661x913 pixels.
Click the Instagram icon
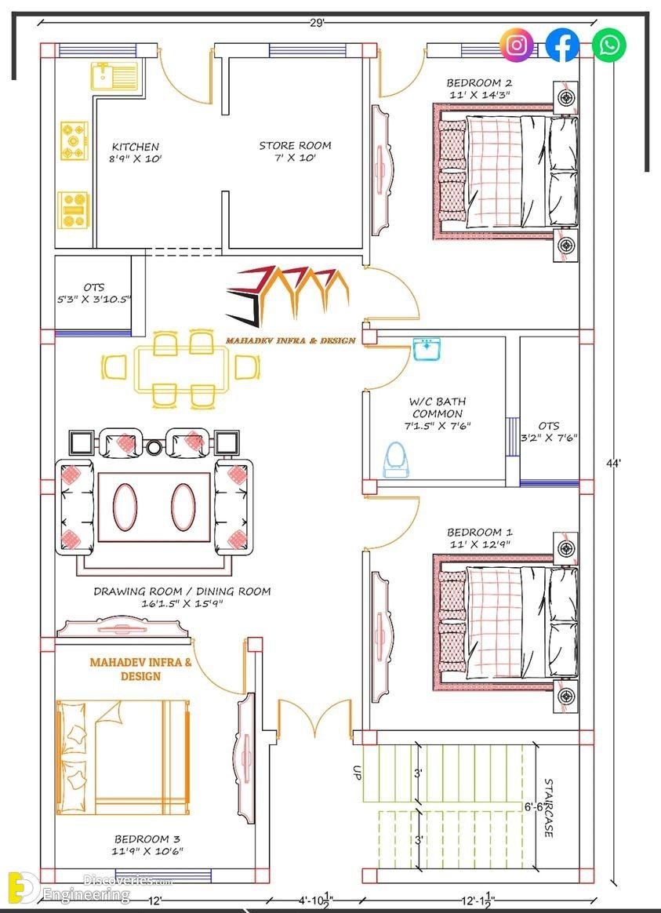tap(516, 45)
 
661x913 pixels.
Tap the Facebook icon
tap(562, 45)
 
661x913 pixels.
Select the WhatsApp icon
tap(608, 45)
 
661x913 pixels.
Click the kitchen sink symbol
tap(114, 76)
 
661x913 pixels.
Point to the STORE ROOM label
tap(295, 146)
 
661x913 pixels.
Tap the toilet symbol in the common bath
tap(396, 460)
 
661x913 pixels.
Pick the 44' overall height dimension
tap(613, 464)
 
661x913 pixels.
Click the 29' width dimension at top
tap(317, 24)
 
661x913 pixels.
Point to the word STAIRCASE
tap(549, 808)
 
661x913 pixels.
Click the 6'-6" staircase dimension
tap(533, 807)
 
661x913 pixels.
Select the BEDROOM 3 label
tap(147, 839)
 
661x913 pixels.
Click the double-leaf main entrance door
tap(314, 717)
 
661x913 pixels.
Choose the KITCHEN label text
tap(135, 147)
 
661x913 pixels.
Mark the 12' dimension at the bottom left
tap(154, 900)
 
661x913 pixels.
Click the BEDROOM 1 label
tap(479, 533)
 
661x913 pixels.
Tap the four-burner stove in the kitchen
tap(74, 140)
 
